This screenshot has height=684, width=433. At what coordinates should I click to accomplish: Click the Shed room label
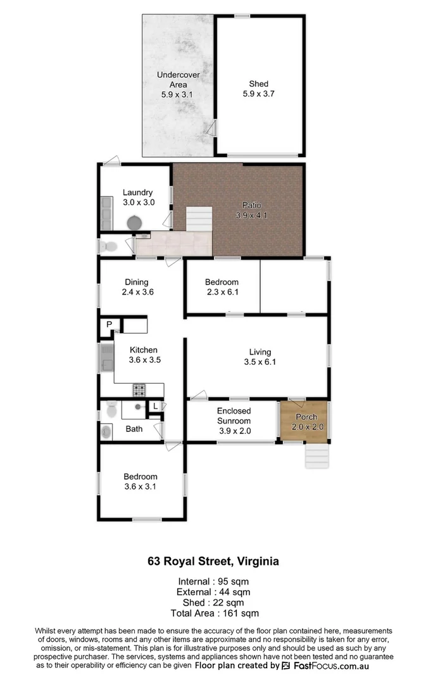pyautogui.click(x=258, y=84)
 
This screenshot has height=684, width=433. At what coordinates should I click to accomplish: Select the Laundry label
pyautogui.click(x=137, y=193)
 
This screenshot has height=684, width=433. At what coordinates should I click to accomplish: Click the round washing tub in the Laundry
pyautogui.click(x=134, y=224)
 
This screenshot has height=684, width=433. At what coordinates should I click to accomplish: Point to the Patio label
pyautogui.click(x=251, y=205)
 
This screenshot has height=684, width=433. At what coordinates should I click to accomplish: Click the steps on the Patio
pyautogui.click(x=199, y=220)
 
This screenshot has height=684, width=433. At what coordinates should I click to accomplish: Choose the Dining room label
pyautogui.click(x=136, y=282)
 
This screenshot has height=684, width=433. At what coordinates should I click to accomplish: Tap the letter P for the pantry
pyautogui.click(x=109, y=325)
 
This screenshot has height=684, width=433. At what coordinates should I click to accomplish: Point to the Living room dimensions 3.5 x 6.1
pyautogui.click(x=260, y=362)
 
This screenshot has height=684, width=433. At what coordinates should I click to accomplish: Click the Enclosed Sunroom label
pyautogui.click(x=234, y=416)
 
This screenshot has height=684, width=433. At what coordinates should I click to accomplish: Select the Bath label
pyautogui.click(x=134, y=429)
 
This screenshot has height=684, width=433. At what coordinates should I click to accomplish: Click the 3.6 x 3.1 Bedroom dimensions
pyautogui.click(x=140, y=486)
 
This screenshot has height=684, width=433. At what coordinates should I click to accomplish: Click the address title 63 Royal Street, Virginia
pyautogui.click(x=213, y=561)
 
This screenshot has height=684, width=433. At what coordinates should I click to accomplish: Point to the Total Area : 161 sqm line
pyautogui.click(x=215, y=613)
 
